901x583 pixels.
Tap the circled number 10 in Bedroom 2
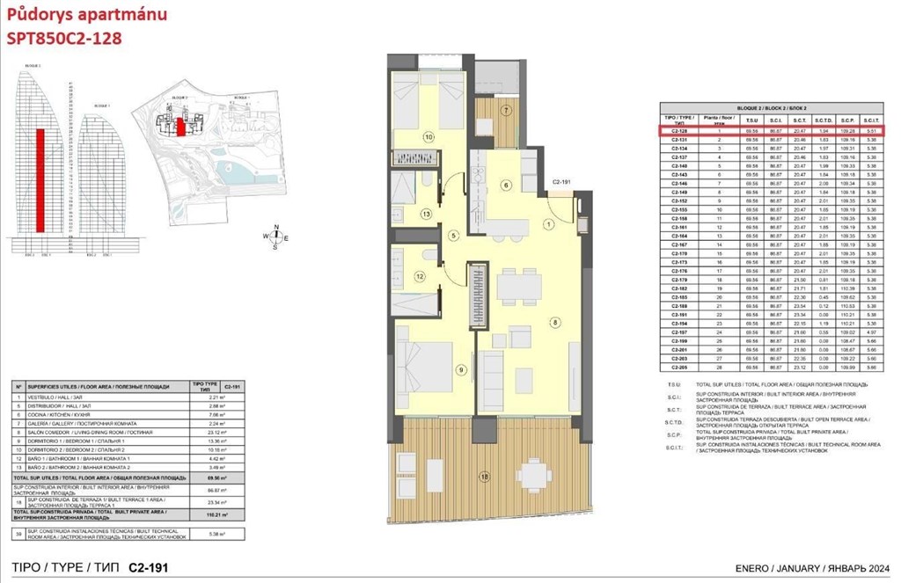[x=429, y=137]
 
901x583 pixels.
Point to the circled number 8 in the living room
[x=554, y=323]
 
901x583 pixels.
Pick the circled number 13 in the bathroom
[x=426, y=214]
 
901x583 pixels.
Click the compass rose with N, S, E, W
[x=276, y=235]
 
